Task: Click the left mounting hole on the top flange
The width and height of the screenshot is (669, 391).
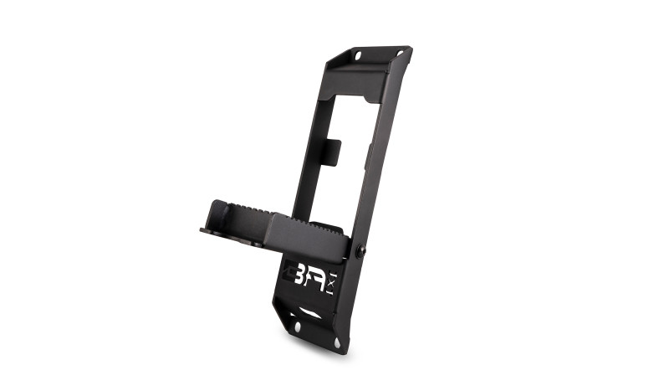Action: point(358,57)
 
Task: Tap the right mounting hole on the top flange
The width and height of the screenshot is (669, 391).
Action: point(400,54)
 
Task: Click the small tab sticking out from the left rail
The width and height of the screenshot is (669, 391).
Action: point(332,152)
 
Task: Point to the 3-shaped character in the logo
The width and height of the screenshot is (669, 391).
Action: point(299,277)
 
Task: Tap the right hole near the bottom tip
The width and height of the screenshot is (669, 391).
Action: point(337,342)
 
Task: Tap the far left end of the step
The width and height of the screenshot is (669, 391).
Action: point(202,230)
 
